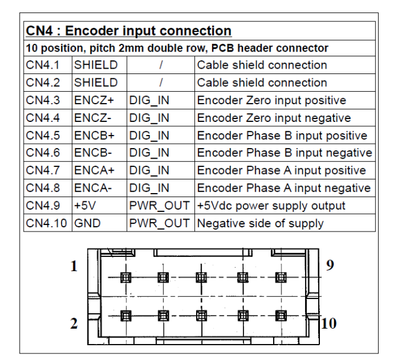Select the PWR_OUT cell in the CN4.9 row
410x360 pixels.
point(161,207)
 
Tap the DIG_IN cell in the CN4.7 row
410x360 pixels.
point(149,171)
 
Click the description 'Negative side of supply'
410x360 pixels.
point(260,224)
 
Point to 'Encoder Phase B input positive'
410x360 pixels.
point(282,136)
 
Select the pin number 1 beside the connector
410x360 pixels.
point(73,266)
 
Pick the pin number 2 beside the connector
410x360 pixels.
point(74,325)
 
